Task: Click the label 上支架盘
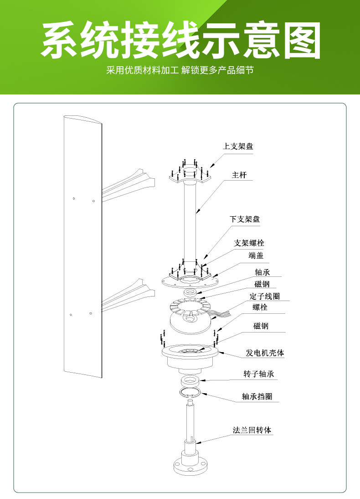click(238, 146)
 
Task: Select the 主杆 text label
click(239, 175)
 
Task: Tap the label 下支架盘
click(245, 219)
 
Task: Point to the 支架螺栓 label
click(249, 243)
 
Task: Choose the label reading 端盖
click(256, 255)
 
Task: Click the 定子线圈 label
click(265, 296)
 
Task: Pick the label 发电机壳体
click(265, 353)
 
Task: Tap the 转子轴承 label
click(258, 374)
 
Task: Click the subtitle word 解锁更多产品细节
click(217, 71)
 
